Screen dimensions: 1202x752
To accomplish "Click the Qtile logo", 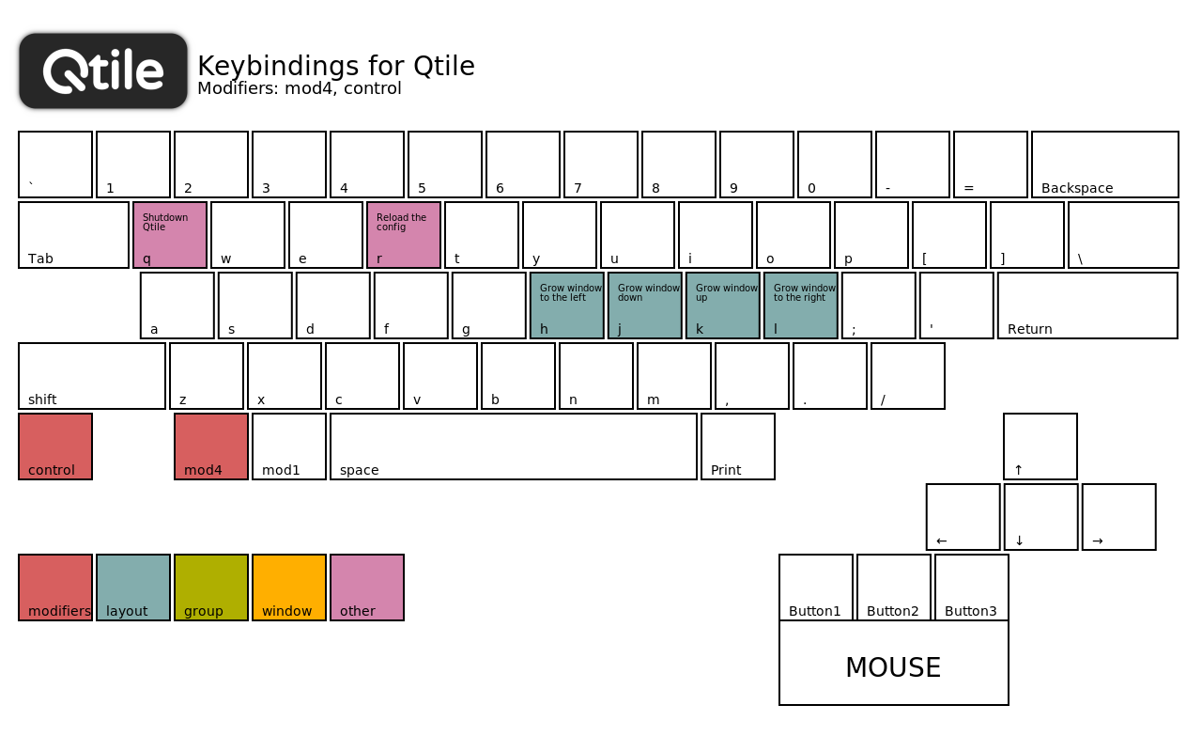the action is [103, 70].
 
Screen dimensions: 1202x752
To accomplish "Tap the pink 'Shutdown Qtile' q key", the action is [170, 235].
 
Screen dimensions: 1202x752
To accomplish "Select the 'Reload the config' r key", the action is [404, 235].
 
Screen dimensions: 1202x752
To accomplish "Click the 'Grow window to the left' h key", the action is [567, 305].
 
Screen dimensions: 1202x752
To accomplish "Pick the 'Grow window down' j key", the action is [645, 305].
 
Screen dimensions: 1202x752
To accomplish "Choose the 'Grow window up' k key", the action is [723, 305].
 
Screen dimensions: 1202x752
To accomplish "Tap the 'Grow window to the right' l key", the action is [801, 305].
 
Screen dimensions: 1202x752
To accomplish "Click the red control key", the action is [55, 446].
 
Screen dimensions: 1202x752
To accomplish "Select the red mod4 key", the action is [211, 446].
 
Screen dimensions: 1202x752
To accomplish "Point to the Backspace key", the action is [1105, 164].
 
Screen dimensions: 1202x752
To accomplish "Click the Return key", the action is [1087, 305].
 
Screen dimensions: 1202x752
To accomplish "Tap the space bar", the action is [514, 446].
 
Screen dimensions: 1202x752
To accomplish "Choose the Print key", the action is [738, 446].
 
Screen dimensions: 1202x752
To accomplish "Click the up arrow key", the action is [1040, 446].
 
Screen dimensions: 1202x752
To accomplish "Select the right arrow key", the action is [1118, 517].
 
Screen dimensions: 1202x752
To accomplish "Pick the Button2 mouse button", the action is [893, 587].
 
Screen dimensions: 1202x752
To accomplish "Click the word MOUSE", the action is [893, 667].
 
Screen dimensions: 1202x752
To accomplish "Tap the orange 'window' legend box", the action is [289, 587].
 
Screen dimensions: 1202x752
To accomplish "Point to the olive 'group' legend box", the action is [211, 587].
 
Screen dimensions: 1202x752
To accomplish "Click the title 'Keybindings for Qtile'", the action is [336, 66].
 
